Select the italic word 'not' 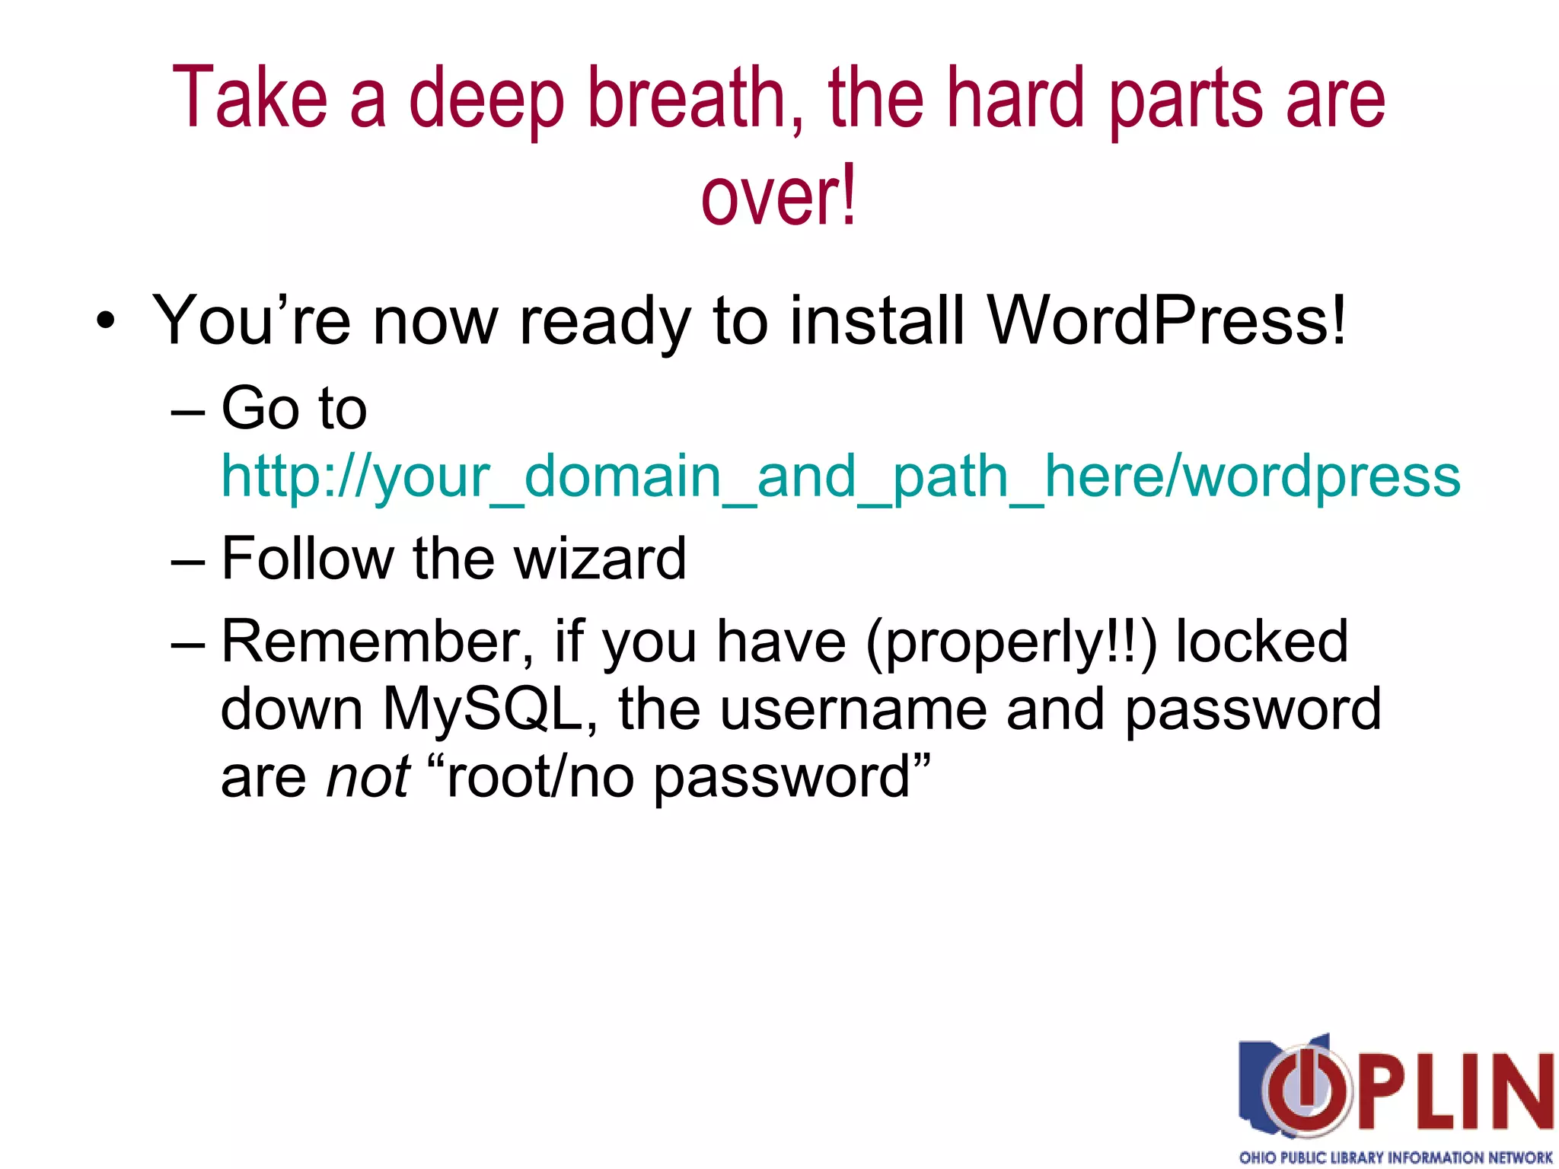[x=368, y=777]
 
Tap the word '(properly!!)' [x=1011, y=642]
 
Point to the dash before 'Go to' [x=189, y=412]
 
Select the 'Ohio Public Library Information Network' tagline [x=1395, y=1158]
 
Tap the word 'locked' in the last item [x=1262, y=642]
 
